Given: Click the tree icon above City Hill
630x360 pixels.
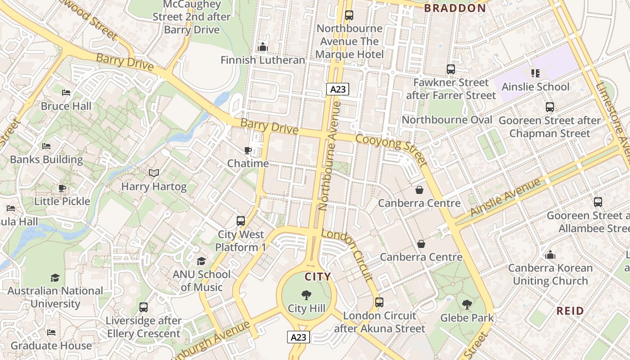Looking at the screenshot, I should tap(306, 295).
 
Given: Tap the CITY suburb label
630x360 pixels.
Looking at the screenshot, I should tap(318, 277).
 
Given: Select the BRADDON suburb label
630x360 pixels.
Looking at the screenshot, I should tap(455, 8).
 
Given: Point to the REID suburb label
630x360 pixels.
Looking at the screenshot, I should tap(570, 310).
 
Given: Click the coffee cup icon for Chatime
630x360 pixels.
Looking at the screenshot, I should tap(247, 150).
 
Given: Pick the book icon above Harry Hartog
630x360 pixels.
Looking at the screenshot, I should tap(154, 173).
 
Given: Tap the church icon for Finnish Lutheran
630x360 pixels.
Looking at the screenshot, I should tap(262, 47).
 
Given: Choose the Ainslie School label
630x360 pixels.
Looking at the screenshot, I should tap(535, 87).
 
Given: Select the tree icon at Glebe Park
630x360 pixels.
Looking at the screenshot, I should tap(467, 305).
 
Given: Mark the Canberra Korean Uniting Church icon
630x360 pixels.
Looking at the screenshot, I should tap(550, 255).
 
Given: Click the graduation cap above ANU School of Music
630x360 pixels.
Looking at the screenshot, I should tap(201, 261).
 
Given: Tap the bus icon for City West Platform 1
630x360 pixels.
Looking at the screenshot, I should tap(241, 221).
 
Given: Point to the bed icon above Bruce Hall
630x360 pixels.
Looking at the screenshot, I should tap(66, 93).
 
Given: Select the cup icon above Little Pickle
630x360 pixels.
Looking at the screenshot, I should tap(62, 188).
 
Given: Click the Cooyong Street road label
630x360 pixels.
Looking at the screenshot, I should tap(391, 149).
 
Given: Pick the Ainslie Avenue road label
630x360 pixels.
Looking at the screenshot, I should tap(505, 198).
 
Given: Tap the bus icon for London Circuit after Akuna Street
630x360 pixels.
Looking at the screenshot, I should tap(379, 302).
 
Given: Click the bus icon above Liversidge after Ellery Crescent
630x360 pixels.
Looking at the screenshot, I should tap(144, 307).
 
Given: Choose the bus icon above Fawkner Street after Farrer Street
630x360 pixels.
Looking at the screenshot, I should tap(451, 69).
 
